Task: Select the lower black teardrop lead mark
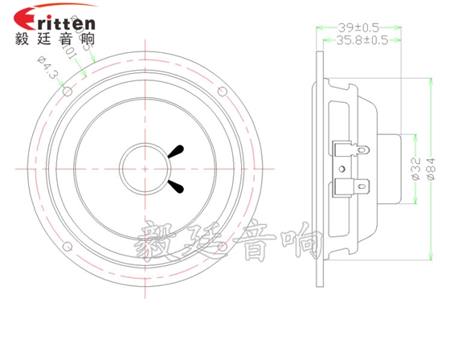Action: coord(176,187)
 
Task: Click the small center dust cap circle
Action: coord(144,169)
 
